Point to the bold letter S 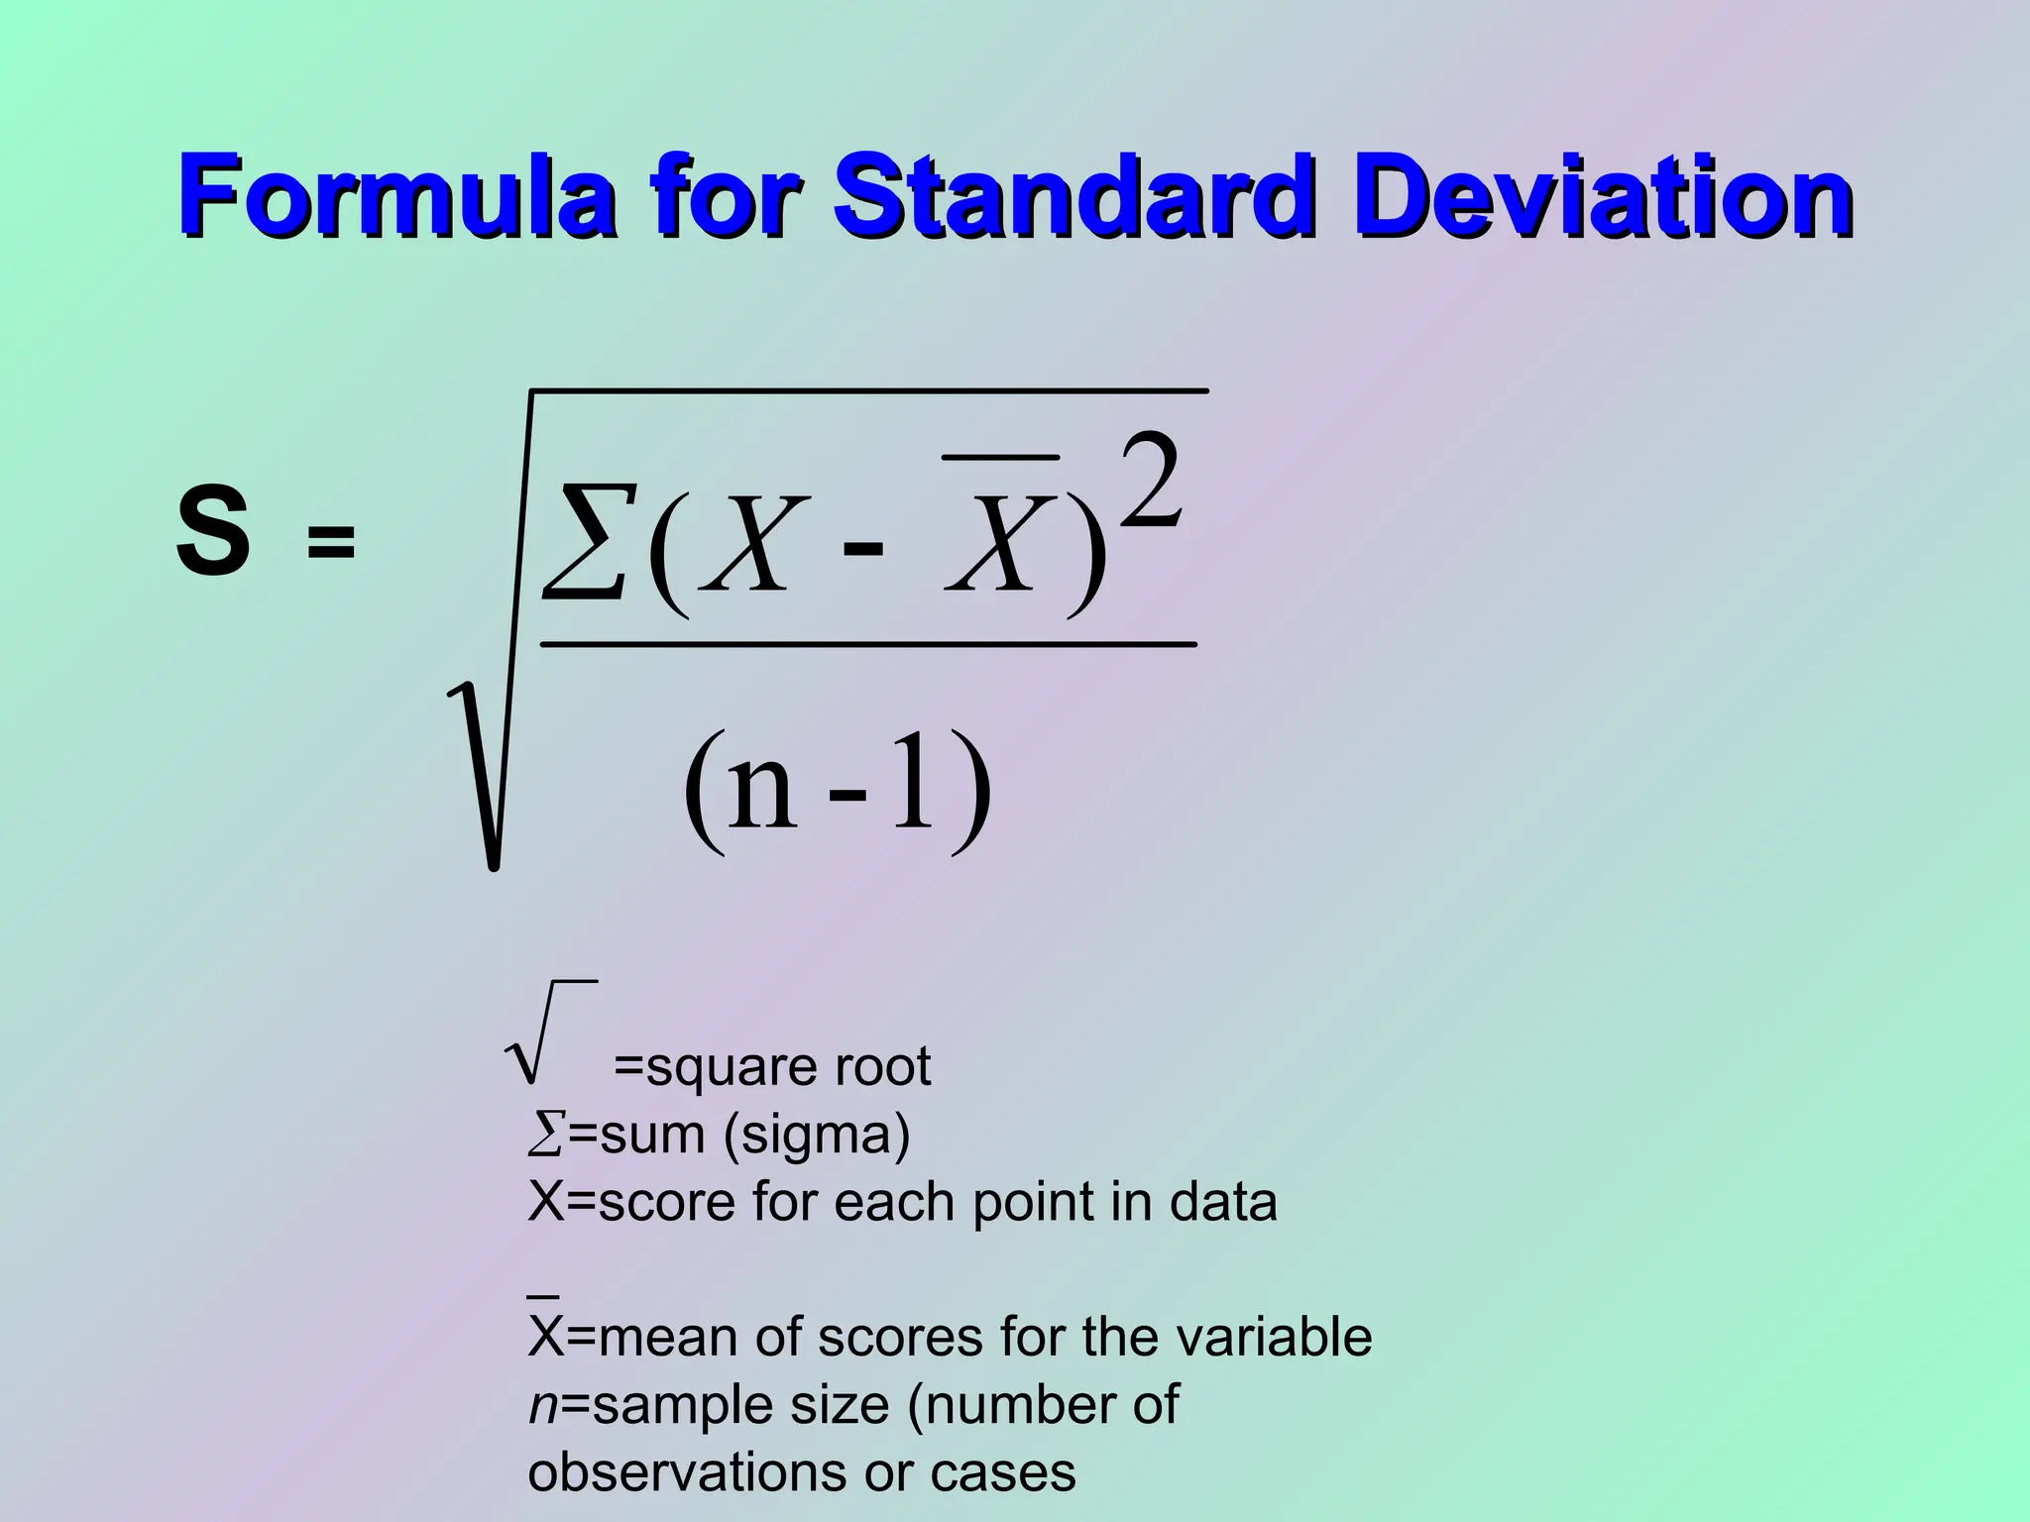pyautogui.click(x=212, y=536)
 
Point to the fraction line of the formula pyautogui.click(x=867, y=645)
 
